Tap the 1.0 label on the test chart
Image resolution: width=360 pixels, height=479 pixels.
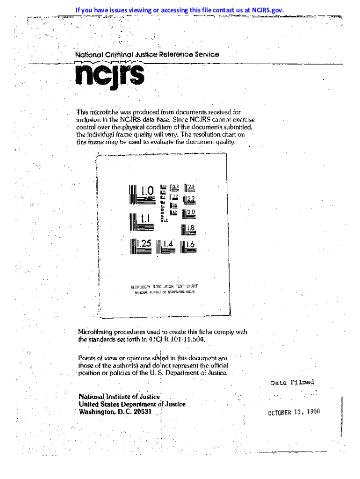tap(147, 191)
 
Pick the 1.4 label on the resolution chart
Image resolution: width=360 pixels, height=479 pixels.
tap(169, 244)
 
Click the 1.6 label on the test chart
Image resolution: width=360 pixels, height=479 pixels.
tap(190, 244)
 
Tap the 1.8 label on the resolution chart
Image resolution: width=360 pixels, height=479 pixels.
tap(190, 228)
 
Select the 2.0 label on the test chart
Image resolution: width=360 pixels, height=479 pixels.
tap(191, 212)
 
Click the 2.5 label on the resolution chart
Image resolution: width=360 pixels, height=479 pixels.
tap(191, 188)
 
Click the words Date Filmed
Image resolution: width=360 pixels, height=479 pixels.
tap(293, 382)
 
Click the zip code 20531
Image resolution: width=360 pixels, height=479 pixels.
tap(143, 412)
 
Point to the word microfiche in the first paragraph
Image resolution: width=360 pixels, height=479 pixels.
tap(104, 113)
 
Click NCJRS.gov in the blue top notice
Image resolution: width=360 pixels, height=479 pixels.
tap(267, 10)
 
